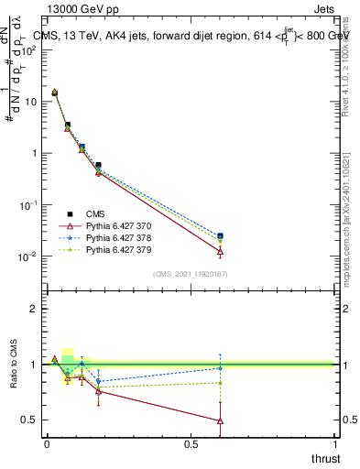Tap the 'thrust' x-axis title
coord(326,459)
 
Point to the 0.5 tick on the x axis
coord(191,445)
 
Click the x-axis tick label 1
coord(335,445)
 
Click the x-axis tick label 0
coord(47,445)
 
